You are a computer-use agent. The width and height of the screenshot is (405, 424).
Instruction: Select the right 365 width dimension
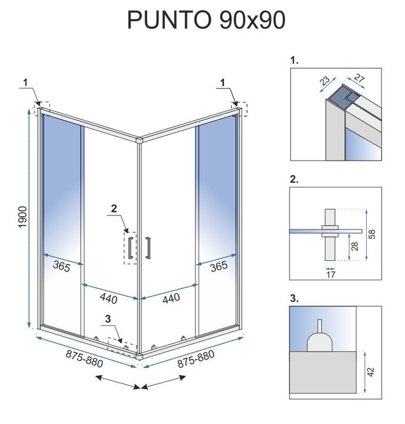218,266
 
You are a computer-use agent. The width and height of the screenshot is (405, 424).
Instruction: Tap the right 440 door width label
171,299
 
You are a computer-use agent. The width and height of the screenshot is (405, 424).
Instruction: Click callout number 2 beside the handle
114,208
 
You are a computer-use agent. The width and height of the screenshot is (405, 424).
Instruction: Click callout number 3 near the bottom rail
107,320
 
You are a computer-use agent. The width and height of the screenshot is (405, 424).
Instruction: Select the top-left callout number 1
25,81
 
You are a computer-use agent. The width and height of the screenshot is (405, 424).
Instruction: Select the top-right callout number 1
223,81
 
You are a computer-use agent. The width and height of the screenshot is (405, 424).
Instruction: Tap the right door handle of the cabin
148,247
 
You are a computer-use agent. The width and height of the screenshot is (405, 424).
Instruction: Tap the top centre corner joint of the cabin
140,140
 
